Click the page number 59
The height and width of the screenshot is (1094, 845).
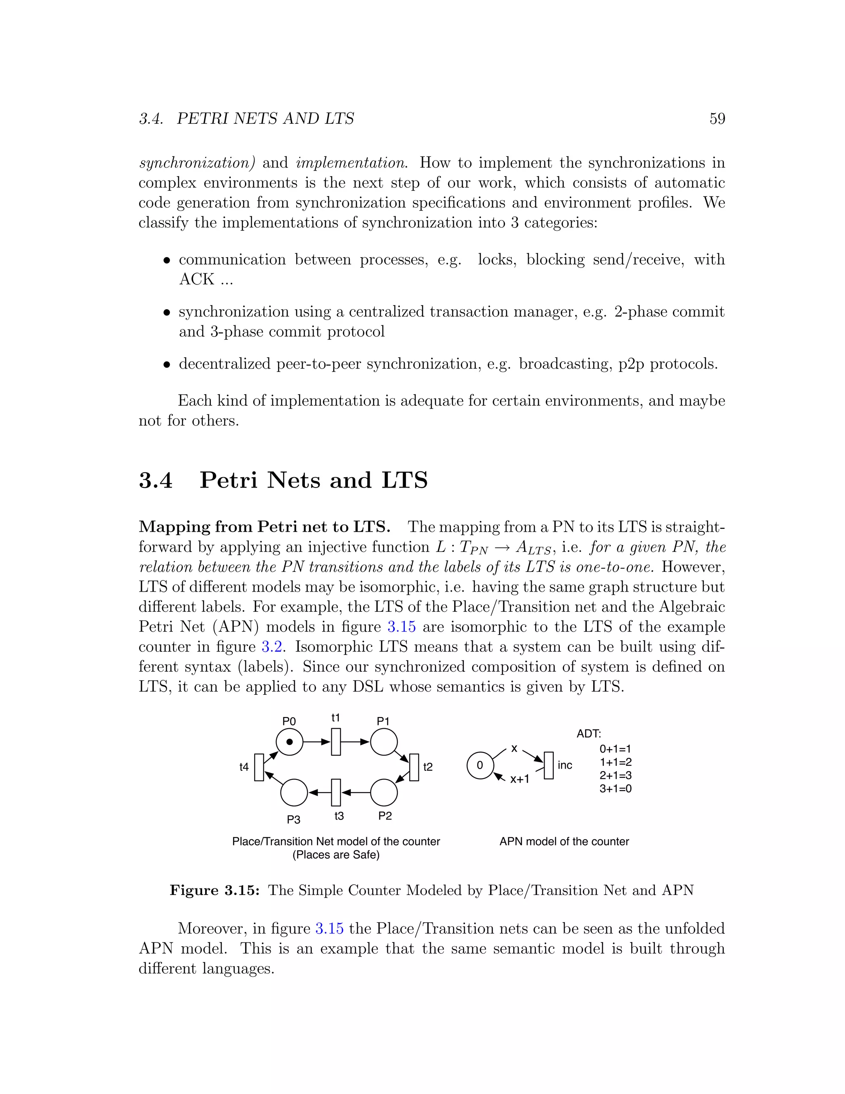pos(717,119)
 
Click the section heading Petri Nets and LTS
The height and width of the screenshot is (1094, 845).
pos(314,481)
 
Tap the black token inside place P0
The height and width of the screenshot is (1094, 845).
pos(289,742)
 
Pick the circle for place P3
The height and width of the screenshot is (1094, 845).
pos(294,793)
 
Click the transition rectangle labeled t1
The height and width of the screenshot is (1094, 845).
pos(336,742)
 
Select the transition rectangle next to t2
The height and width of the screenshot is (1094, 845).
pos(414,767)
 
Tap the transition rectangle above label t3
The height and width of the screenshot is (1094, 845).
pos(336,793)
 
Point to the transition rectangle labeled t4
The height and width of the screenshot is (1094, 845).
pos(259,767)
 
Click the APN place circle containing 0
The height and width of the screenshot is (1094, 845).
pos(479,765)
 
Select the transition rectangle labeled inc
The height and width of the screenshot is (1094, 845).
pos(549,765)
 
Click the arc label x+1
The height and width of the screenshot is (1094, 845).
pos(519,779)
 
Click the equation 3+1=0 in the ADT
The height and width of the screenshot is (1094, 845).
pos(615,789)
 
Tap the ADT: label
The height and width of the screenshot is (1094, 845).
pos(589,734)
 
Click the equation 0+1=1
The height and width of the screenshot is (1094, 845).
pos(615,749)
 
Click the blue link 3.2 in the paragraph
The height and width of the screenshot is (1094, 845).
pos(272,646)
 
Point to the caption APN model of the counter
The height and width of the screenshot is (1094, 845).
pos(564,841)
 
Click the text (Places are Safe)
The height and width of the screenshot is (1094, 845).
pos(336,855)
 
